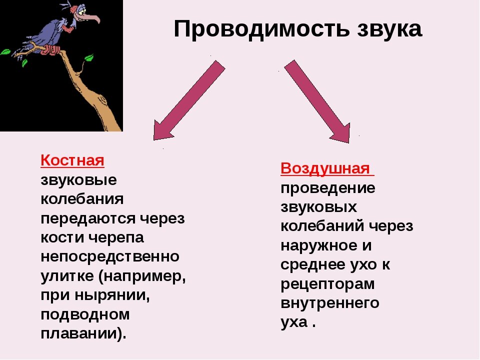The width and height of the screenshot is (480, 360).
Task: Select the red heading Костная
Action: (72, 160)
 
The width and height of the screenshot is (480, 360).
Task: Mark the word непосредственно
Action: (110, 257)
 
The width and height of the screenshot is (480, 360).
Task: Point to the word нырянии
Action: (114, 295)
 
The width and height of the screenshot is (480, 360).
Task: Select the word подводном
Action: (85, 315)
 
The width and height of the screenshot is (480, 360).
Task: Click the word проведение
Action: (328, 188)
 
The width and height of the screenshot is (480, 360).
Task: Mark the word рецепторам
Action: (327, 284)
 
